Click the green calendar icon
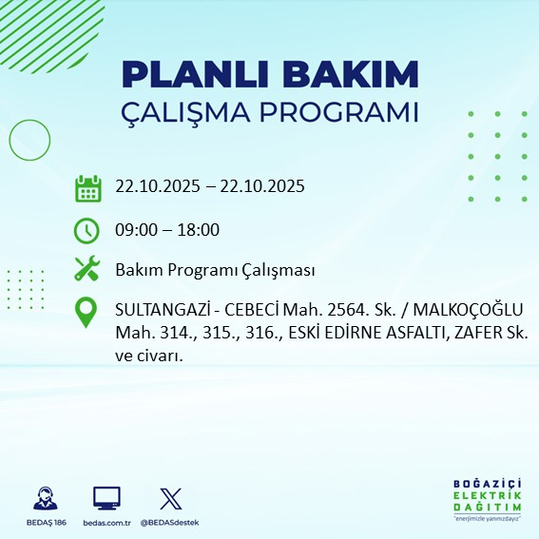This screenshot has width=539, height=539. [87, 188]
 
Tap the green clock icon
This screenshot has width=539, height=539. [87, 230]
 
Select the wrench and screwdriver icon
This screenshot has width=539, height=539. [87, 270]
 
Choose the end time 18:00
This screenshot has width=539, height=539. [200, 230]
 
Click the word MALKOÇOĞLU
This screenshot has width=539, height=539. [473, 312]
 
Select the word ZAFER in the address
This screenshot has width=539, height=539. [483, 334]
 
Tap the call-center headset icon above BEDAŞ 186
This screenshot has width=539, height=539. [45, 498]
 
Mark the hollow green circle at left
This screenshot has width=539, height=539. [29, 140]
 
